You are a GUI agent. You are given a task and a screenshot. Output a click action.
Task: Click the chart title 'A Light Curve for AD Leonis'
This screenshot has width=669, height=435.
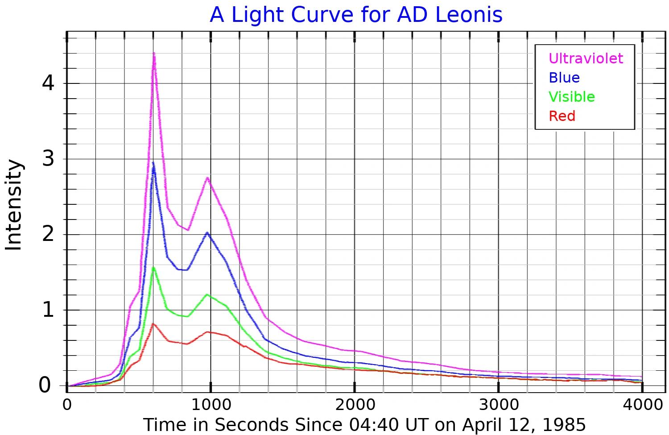click(x=356, y=15)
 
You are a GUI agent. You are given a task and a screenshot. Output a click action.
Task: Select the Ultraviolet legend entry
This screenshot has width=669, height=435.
click(x=586, y=58)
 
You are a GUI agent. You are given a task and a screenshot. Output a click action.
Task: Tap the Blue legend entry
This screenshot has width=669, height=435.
click(x=564, y=78)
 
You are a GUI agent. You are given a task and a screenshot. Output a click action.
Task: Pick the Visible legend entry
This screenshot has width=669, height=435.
click(x=571, y=97)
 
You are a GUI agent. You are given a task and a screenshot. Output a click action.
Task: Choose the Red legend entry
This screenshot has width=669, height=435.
click(x=562, y=116)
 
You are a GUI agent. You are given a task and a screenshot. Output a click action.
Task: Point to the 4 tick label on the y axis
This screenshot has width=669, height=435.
click(x=48, y=83)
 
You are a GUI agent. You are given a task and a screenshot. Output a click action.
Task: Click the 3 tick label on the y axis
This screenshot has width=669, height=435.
click(x=48, y=158)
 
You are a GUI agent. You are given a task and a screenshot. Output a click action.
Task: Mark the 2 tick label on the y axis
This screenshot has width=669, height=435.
click(x=48, y=234)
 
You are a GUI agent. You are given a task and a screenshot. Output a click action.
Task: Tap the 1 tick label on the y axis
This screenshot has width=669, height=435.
click(x=48, y=309)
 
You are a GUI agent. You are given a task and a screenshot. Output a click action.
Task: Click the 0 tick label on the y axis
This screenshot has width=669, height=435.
click(x=45, y=385)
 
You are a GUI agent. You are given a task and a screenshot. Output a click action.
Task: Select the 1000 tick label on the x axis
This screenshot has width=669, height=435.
click(x=211, y=405)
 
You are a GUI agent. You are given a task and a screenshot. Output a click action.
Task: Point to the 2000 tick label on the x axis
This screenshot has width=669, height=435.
click(x=355, y=405)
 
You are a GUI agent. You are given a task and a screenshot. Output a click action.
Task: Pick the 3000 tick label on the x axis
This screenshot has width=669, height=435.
click(x=499, y=405)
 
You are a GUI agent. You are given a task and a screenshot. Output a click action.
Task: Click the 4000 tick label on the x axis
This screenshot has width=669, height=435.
click(x=643, y=405)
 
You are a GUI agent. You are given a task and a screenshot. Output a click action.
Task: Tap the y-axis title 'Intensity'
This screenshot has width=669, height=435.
click(x=14, y=205)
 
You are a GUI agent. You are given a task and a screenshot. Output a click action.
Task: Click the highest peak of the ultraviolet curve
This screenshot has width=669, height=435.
click(x=154, y=54)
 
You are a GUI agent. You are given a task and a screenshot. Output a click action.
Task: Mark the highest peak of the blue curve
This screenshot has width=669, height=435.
click(x=153, y=163)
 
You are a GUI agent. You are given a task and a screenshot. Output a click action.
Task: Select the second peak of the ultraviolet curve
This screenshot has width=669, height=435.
click(x=207, y=178)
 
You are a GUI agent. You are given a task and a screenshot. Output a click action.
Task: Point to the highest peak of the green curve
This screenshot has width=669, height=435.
click(x=153, y=267)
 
